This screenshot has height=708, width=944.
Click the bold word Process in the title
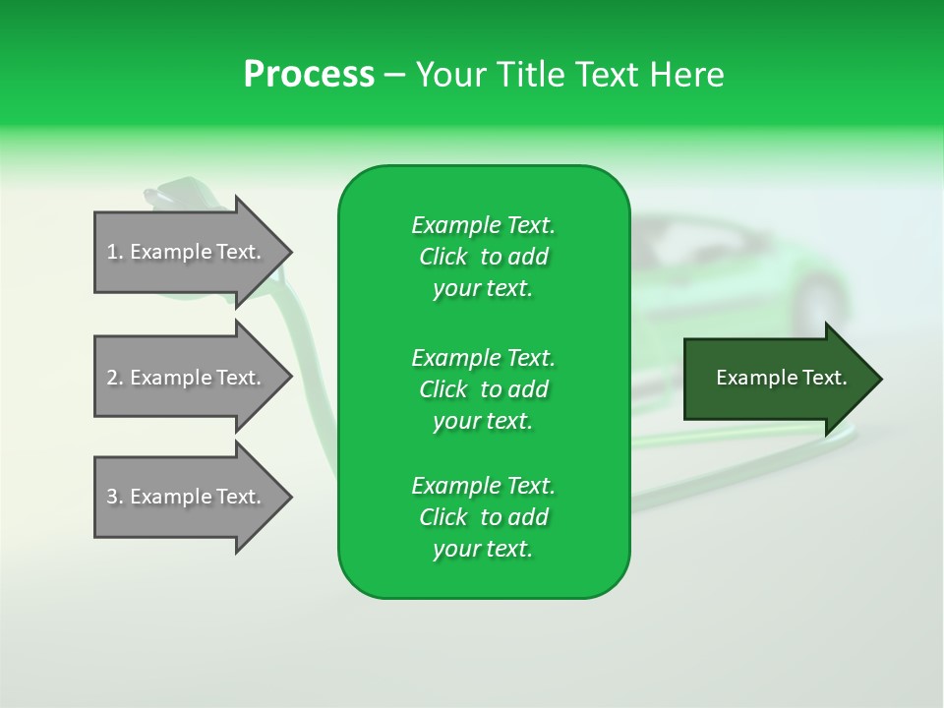309,75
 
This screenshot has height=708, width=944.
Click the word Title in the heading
532,75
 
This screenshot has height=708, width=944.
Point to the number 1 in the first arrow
112,252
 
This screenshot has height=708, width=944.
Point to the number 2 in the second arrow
112,378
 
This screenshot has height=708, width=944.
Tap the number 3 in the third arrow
112,497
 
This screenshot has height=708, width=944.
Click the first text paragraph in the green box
483,257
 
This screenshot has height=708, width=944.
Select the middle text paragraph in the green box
483,389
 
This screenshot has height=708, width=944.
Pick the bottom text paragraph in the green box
483,517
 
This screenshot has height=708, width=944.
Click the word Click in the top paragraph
442,257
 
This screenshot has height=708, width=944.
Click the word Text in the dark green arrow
824,378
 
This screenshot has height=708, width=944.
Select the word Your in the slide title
451,75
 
